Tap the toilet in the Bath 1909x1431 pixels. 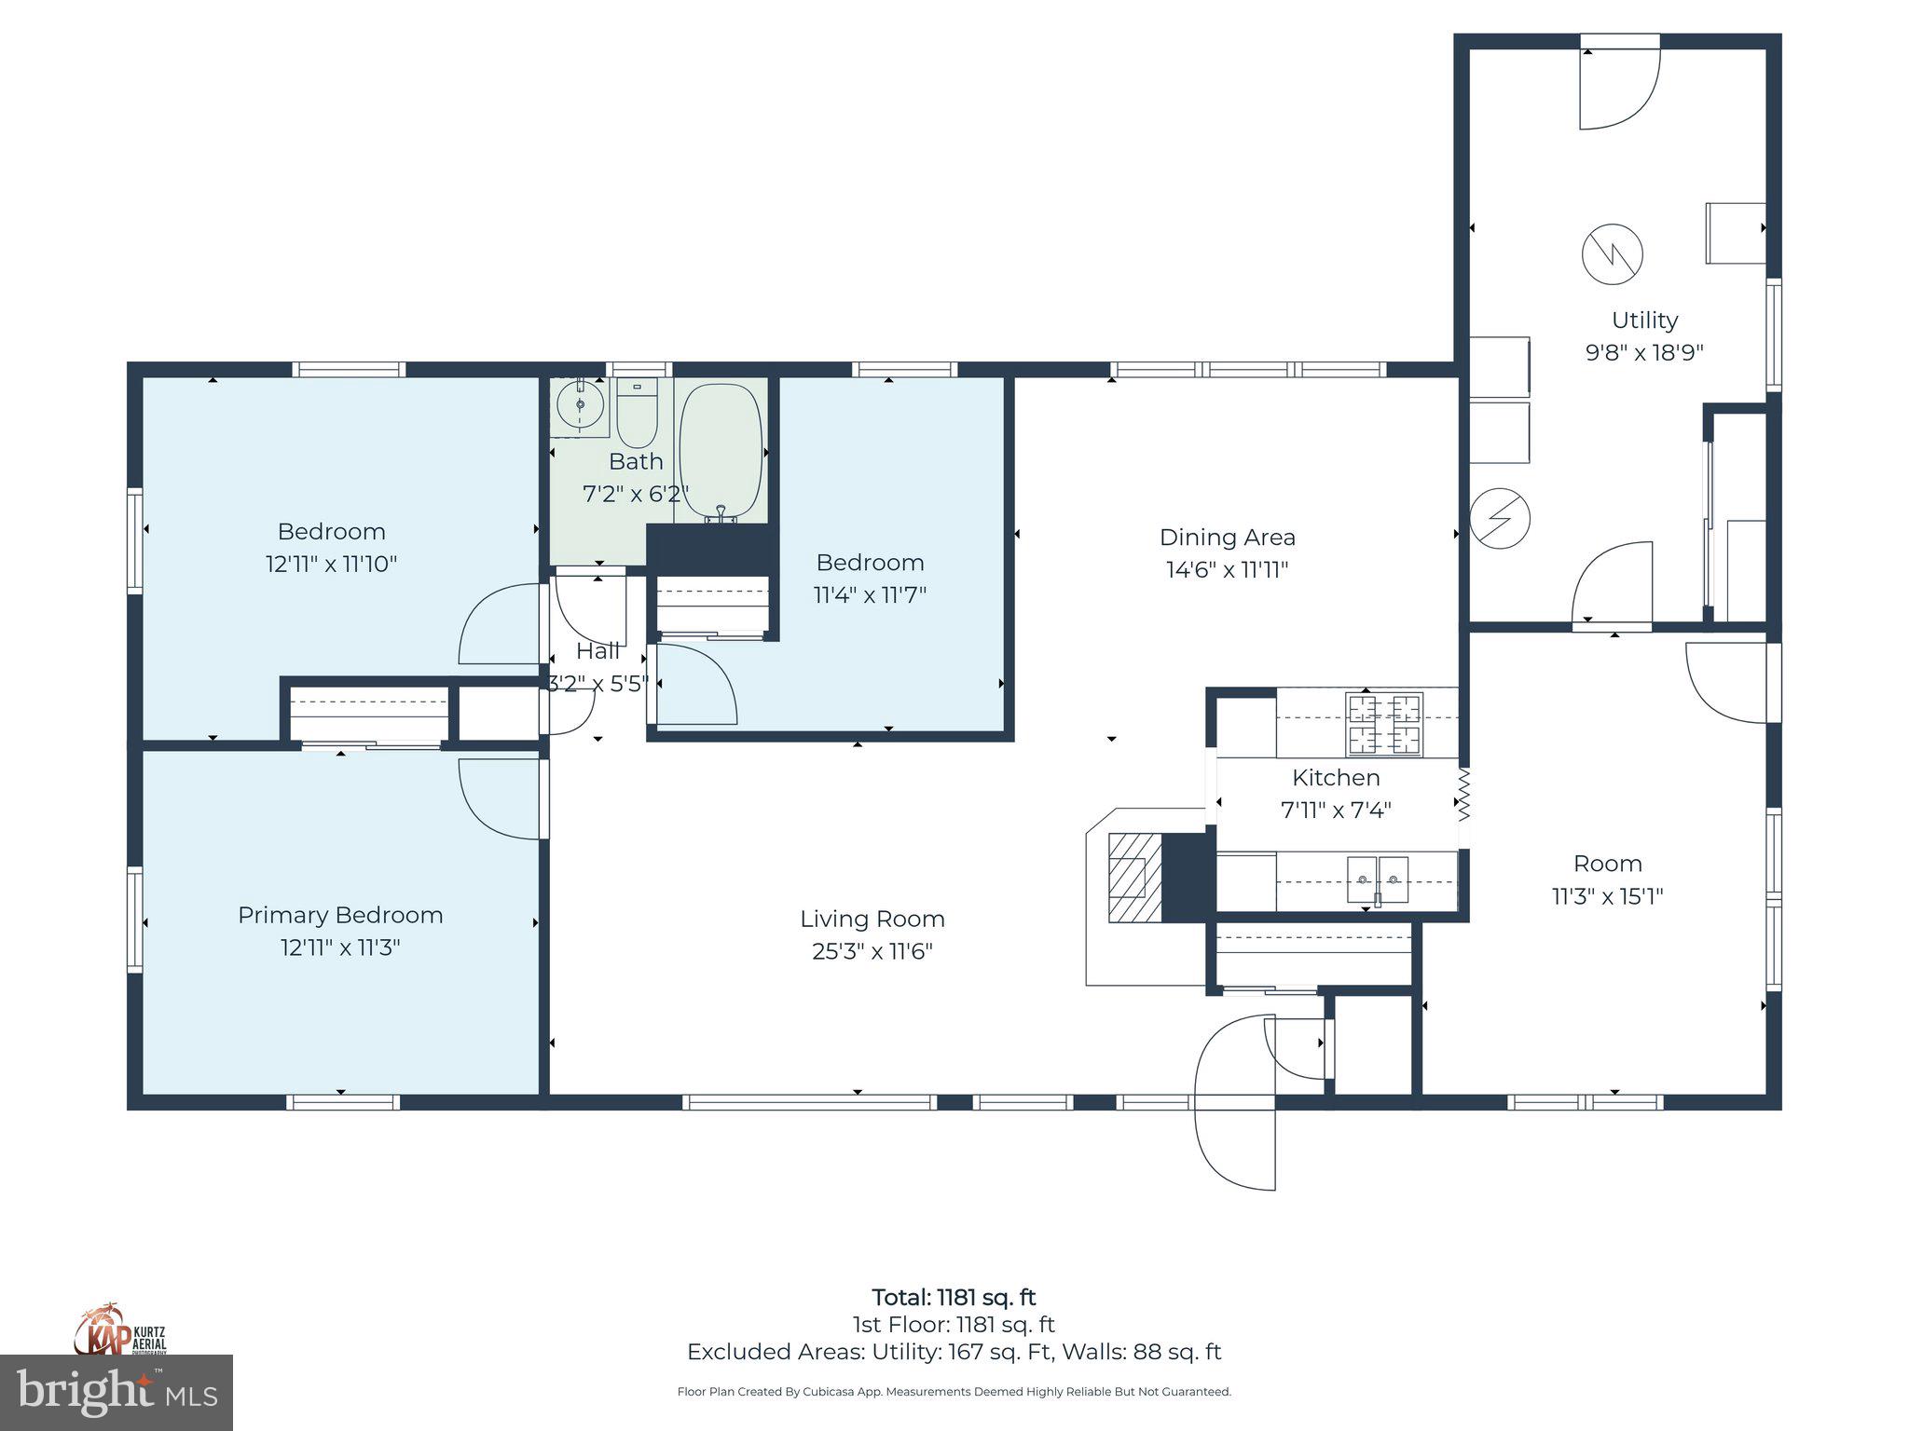(x=638, y=414)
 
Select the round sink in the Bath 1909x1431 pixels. (x=580, y=405)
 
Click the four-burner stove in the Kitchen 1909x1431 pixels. (x=1384, y=724)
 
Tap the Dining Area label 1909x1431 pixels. (x=1227, y=538)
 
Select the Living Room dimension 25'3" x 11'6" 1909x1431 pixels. (x=872, y=951)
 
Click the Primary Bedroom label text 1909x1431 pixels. (x=340, y=915)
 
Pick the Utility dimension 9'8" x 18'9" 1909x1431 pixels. (x=1644, y=353)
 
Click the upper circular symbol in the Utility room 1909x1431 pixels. (x=1612, y=253)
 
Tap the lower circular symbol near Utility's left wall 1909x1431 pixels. (x=1500, y=518)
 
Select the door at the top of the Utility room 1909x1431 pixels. (x=1619, y=89)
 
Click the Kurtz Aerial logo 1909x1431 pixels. (x=120, y=1329)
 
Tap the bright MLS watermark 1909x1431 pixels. (x=116, y=1393)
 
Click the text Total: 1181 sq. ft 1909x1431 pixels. (x=954, y=1297)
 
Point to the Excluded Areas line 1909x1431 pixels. (x=954, y=1352)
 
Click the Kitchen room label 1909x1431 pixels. (x=1336, y=778)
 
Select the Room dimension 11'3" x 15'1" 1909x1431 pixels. (x=1607, y=896)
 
